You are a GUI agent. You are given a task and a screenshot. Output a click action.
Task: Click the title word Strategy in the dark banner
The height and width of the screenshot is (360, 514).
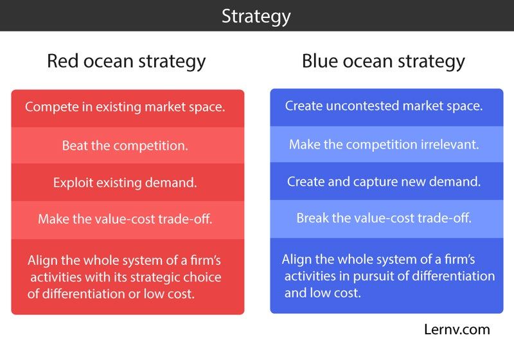tap(256, 17)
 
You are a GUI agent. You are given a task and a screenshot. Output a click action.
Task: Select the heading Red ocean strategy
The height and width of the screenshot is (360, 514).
tap(126, 61)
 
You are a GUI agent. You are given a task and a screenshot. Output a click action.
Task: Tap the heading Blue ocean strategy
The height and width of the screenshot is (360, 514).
tap(383, 61)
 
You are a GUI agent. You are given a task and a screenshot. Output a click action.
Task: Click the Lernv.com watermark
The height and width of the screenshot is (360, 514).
tap(457, 330)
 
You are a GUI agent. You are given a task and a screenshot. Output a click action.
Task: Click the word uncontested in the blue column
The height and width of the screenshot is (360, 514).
tap(362, 106)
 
